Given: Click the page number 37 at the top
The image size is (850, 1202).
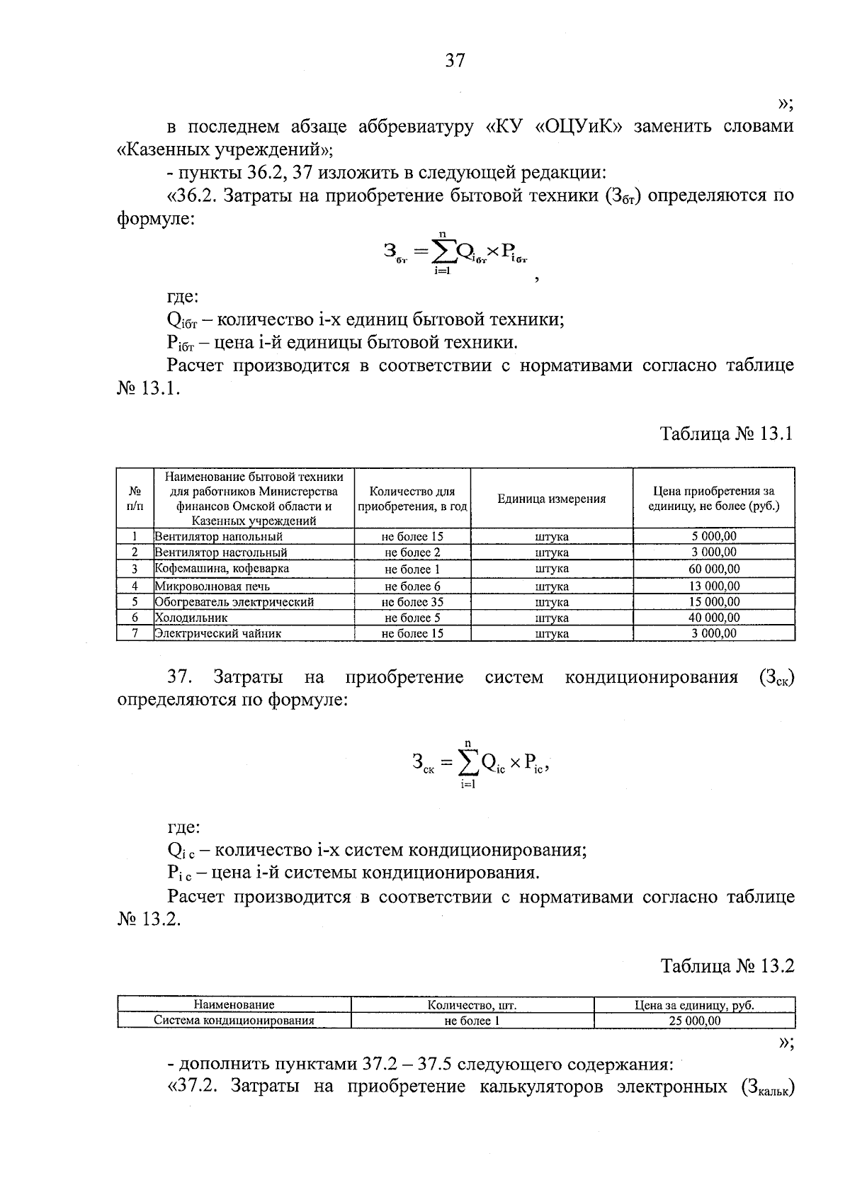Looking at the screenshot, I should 455,61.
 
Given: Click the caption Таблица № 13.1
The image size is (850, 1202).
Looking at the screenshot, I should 727,433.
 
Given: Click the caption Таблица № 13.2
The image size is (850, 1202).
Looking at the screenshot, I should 727,965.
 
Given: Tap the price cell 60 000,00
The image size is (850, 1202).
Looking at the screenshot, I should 714,569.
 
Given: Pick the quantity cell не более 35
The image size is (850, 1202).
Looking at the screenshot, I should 412,602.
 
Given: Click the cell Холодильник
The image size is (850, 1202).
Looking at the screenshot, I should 191,618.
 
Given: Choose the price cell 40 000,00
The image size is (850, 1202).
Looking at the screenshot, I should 714,618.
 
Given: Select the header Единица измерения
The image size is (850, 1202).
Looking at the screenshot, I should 551,499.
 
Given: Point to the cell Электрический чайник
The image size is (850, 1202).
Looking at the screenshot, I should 218,633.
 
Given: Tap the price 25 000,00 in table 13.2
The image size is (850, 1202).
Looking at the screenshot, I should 694,1021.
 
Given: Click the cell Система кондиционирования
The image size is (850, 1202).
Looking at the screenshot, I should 234,1021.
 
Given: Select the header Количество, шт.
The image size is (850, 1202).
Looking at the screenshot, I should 472,1005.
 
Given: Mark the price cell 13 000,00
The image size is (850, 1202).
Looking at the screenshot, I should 714,586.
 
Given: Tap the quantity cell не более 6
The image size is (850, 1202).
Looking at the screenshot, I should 412,586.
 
